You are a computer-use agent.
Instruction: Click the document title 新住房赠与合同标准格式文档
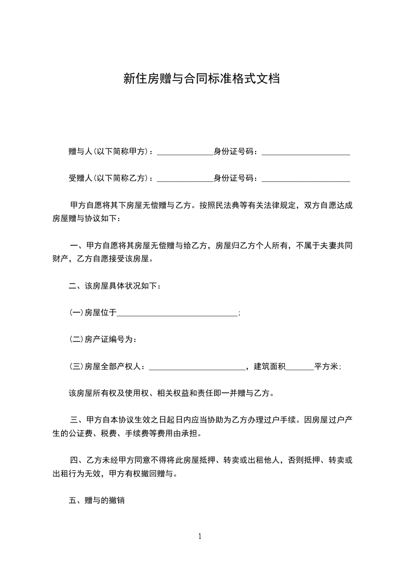click(201, 79)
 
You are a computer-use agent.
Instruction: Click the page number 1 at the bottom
click(200, 536)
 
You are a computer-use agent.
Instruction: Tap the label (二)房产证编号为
click(103, 340)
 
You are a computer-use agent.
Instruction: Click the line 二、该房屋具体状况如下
click(115, 287)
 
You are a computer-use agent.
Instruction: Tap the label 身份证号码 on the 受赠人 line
click(234, 178)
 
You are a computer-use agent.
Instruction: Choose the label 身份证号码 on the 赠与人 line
click(234, 151)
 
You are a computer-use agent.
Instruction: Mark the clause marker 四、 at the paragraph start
click(77, 460)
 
